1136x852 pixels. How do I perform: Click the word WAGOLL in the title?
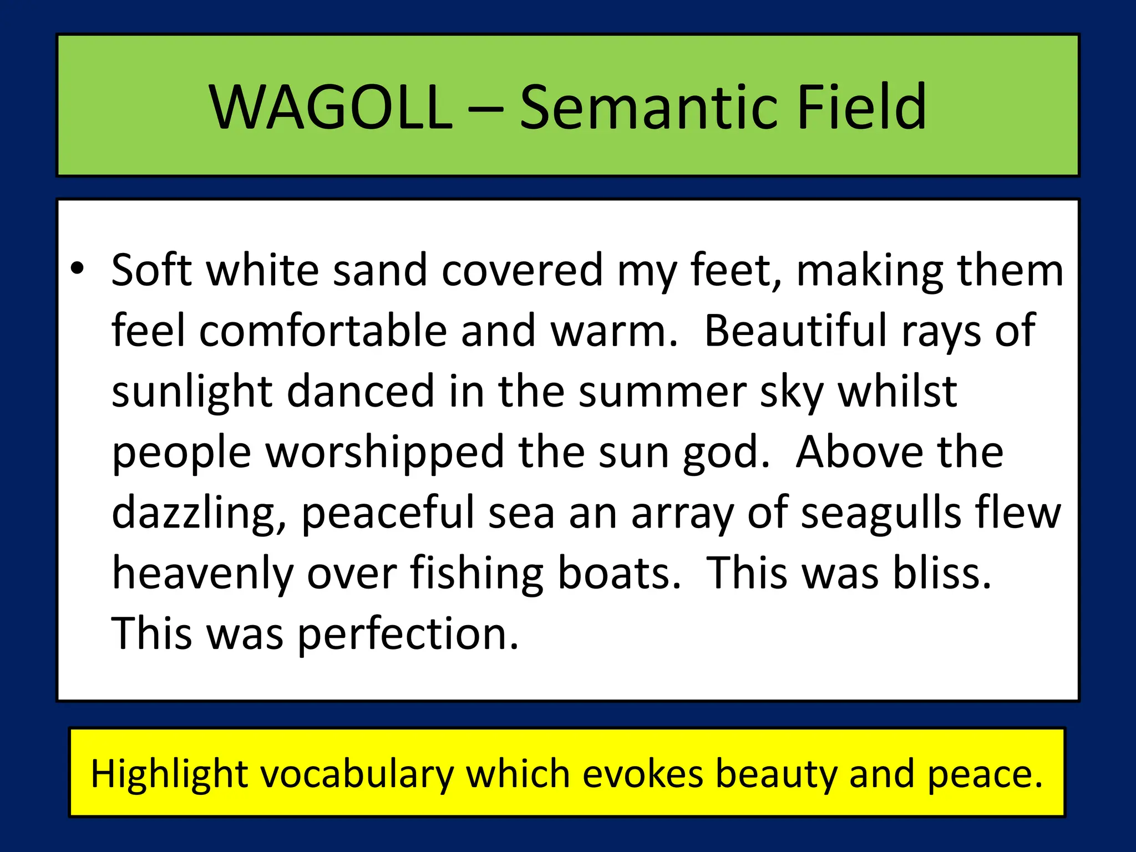[x=331, y=106]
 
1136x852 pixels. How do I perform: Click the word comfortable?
[x=323, y=331]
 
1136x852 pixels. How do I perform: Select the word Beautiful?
[x=796, y=331]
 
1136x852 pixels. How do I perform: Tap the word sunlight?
[x=192, y=392]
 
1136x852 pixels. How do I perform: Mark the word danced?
[x=361, y=392]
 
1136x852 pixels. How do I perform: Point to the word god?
[x=727, y=453]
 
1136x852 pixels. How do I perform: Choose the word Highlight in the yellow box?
[x=169, y=774]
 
